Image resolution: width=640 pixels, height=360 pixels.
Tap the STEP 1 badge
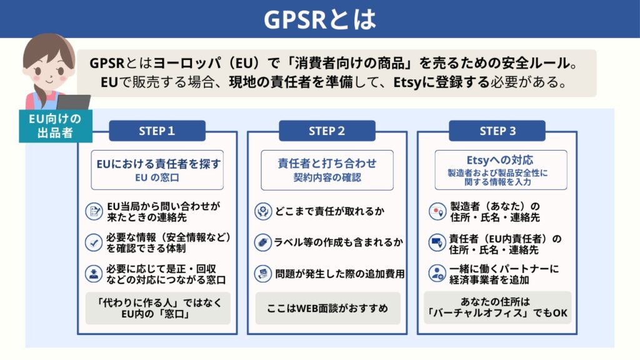coord(157,131)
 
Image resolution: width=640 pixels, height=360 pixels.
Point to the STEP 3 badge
coord(497,131)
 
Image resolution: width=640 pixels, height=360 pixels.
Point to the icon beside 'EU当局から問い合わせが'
coord(94,211)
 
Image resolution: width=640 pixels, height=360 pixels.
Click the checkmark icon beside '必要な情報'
coord(94,242)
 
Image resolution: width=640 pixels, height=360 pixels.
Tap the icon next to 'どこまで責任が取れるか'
coord(263,211)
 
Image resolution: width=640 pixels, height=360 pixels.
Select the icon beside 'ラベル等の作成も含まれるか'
coord(263,242)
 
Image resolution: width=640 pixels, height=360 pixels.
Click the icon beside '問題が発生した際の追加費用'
coord(263,273)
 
